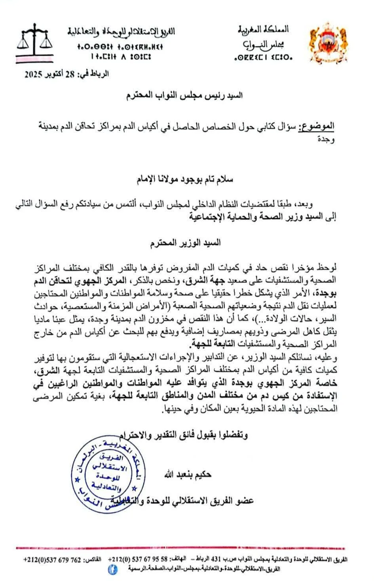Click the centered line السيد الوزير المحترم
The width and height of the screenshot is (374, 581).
coord(186,243)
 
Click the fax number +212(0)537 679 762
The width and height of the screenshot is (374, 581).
coord(52,560)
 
